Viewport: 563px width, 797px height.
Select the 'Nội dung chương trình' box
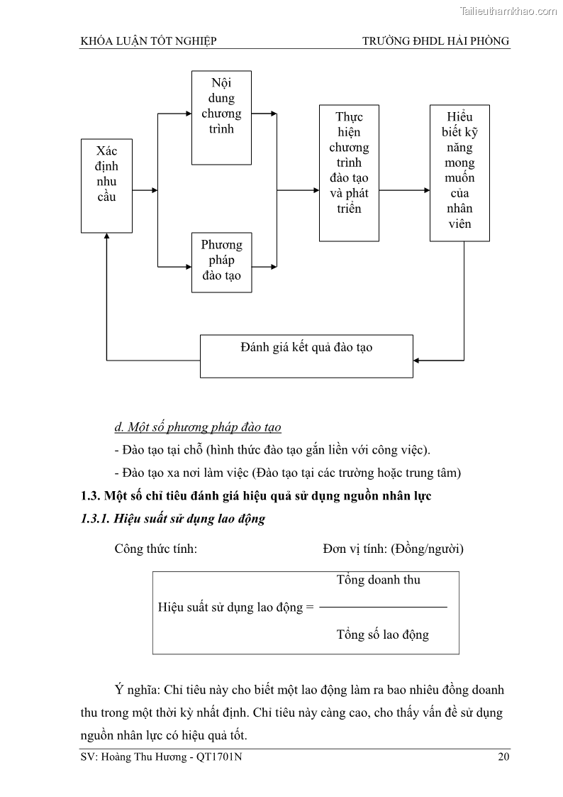[x=221, y=117]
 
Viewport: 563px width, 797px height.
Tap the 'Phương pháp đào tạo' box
[x=221, y=261]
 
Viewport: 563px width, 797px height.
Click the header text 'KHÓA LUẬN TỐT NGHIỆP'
[x=149, y=41]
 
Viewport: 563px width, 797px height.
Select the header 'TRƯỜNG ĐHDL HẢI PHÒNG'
[x=435, y=41]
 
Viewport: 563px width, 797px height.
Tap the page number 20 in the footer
[x=503, y=757]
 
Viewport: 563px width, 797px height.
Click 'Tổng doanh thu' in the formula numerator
[x=378, y=580]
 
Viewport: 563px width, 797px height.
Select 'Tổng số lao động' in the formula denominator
[x=382, y=634]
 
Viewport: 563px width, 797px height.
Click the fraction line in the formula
[x=383, y=607]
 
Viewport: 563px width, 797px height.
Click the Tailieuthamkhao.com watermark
[x=508, y=11]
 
